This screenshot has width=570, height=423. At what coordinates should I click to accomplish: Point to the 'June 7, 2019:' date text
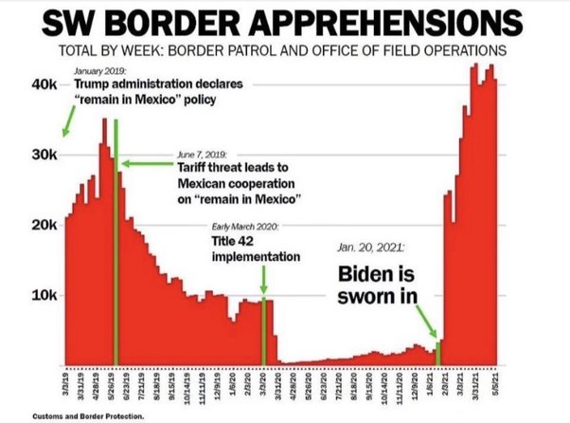200,154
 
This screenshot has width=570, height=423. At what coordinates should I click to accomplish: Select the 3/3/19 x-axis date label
66,387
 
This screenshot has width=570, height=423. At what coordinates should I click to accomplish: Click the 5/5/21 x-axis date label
494,387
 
